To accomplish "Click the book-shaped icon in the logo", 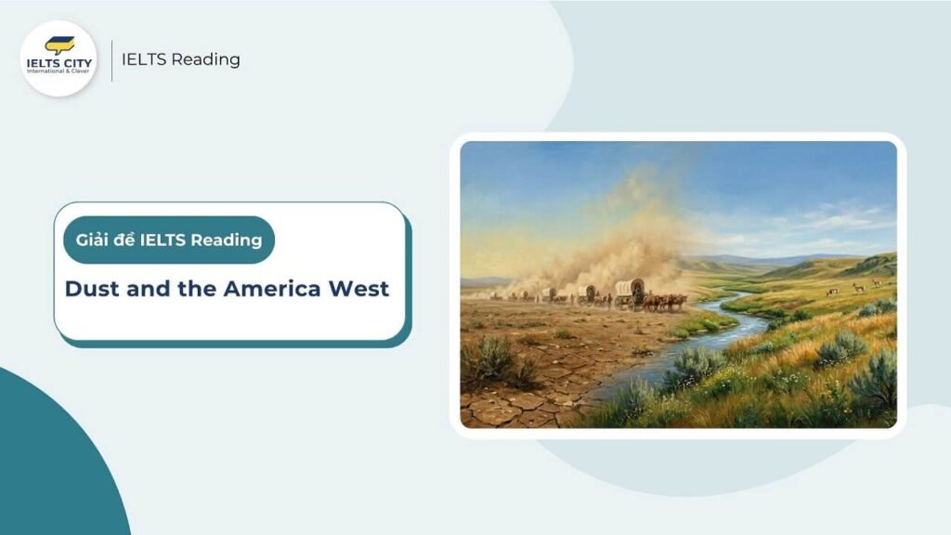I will click(x=59, y=45).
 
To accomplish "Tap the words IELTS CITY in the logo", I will click(x=59, y=63).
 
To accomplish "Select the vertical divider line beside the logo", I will click(x=111, y=59).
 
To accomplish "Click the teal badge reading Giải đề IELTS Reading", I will click(x=168, y=241).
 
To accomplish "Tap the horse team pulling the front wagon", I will click(x=667, y=301).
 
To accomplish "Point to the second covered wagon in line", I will click(x=588, y=293).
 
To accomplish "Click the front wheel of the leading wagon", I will click(x=640, y=304).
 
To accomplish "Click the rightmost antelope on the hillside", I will click(x=876, y=282).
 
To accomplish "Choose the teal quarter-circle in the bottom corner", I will click(x=46, y=464).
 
